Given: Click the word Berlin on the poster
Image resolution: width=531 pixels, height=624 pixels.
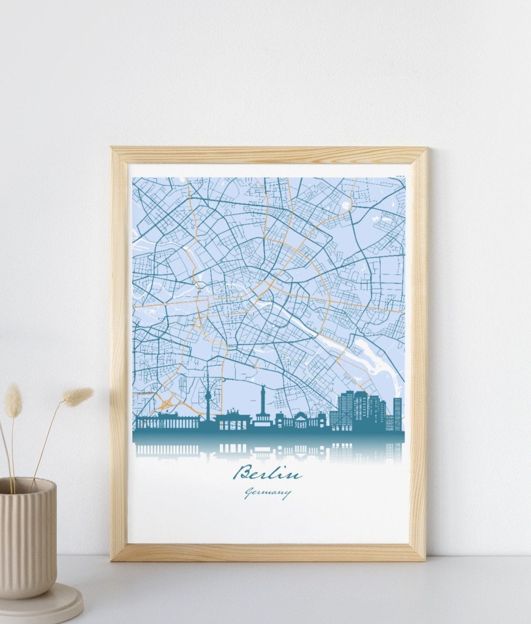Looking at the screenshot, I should (x=268, y=474).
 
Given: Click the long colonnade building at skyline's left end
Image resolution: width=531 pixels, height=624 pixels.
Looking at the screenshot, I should (x=168, y=422).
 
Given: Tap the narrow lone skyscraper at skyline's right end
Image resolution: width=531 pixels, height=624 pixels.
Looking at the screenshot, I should (x=398, y=414).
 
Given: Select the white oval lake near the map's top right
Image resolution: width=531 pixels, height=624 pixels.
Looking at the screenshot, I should (x=346, y=204).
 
